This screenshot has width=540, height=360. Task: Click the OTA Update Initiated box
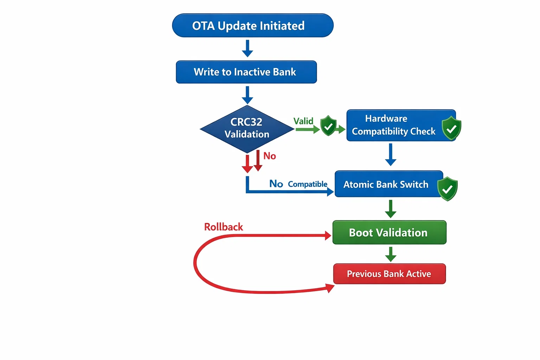tap(252, 26)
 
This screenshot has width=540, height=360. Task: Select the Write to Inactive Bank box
tap(246, 72)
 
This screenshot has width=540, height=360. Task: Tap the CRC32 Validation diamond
tap(247, 129)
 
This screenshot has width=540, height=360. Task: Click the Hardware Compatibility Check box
tap(394, 126)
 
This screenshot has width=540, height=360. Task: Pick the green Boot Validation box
tap(389, 232)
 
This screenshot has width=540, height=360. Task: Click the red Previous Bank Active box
tap(389, 274)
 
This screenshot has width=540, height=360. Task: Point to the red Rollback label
tap(224, 227)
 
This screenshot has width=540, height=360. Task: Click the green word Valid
tap(303, 121)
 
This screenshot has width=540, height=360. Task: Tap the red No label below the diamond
tap(270, 156)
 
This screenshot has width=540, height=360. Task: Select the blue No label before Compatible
tap(276, 184)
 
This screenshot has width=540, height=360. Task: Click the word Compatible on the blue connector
tap(308, 184)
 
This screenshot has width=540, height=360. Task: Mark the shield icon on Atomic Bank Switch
tap(448, 189)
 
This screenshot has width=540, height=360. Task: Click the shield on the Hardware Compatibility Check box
tap(451, 128)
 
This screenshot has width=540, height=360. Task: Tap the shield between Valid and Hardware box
tap(328, 126)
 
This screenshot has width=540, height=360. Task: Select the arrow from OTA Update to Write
tap(247, 49)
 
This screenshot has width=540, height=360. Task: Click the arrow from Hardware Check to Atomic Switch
tap(391, 154)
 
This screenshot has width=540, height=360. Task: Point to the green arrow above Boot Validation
tap(391, 209)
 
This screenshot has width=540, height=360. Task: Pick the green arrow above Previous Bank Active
tap(391, 254)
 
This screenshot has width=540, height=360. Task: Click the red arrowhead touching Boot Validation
tap(328, 236)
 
